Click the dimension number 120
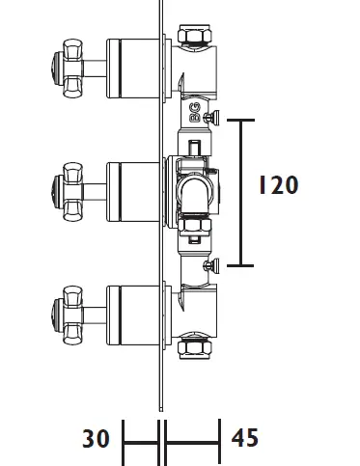[278, 185]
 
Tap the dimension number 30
[97, 439]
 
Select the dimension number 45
[246, 439]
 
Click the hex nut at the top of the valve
[190, 38]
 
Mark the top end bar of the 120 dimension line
[240, 120]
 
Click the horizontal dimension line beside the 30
[141, 443]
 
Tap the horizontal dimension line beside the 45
[194, 443]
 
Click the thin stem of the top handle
[95, 65]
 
